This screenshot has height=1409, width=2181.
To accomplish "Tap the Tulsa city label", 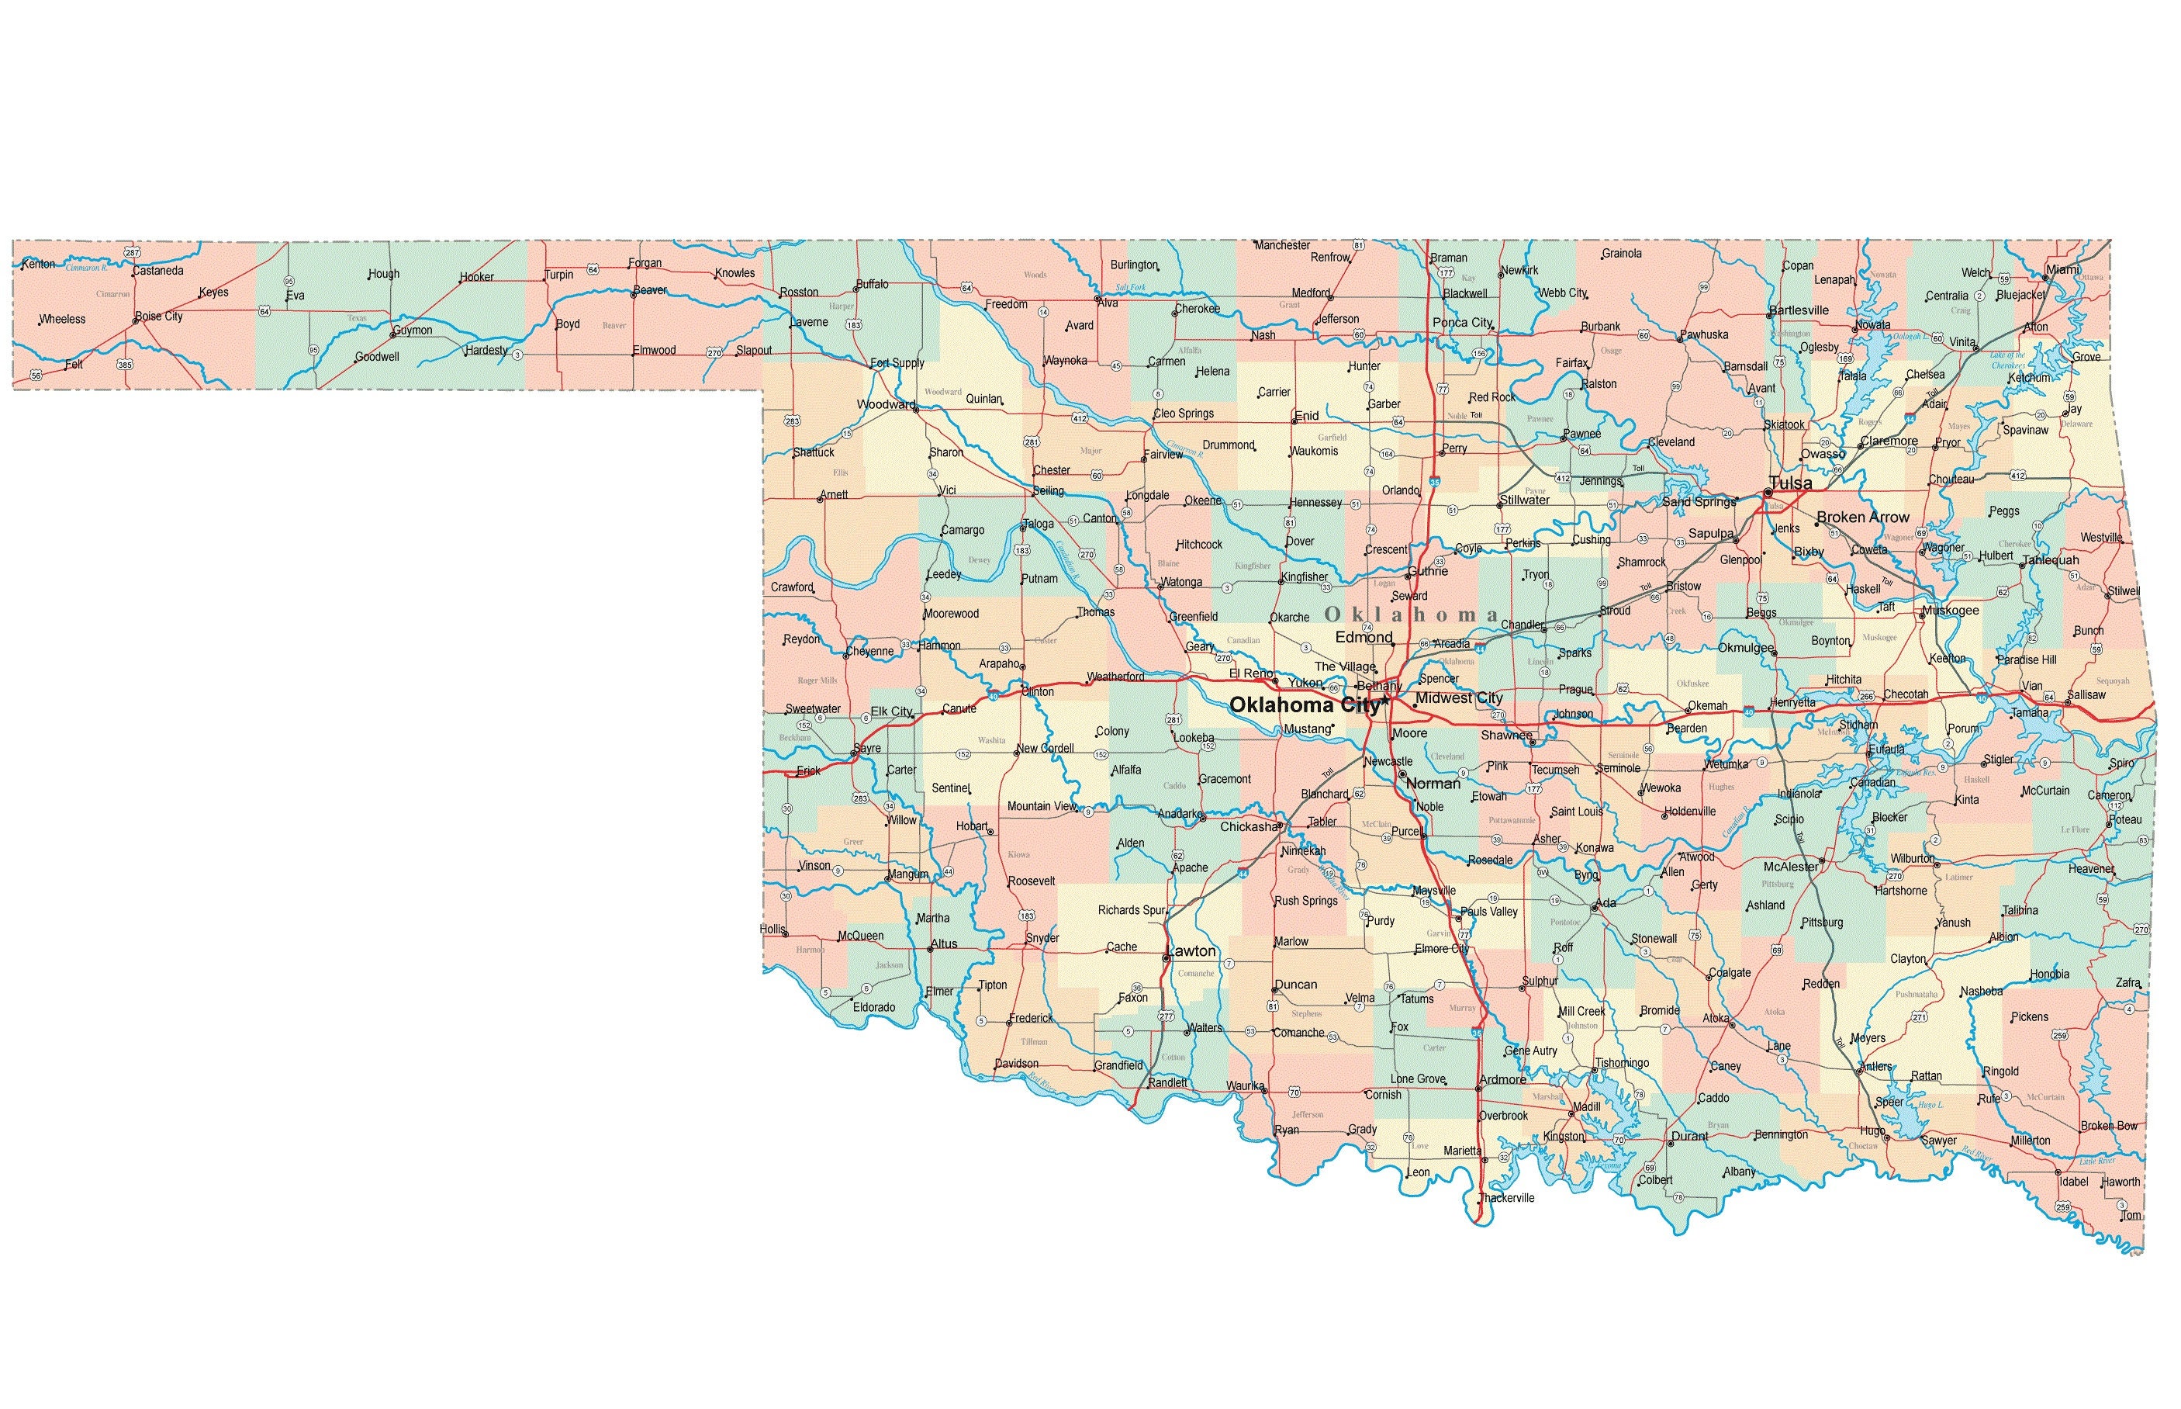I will (1789, 483).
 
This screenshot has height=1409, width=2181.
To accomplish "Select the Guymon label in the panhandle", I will (413, 331).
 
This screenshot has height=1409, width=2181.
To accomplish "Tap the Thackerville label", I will (1506, 1198).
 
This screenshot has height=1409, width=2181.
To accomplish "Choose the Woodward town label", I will (885, 404).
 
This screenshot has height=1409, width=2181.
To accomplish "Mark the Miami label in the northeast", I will (2063, 269).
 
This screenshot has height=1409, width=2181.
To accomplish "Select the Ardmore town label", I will (1502, 1078).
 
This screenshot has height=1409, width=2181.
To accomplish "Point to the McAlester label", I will (1791, 867).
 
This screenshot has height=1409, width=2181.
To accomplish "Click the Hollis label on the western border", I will (773, 929).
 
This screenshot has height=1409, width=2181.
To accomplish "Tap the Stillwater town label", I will (1524, 500).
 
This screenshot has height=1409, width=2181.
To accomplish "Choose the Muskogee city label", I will (1950, 611).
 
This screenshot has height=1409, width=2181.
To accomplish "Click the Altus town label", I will (944, 943).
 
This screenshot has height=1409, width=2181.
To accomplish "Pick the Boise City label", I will (159, 316).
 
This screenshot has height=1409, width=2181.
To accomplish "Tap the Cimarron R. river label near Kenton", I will (87, 268).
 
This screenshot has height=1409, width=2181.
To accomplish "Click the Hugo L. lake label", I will (1930, 1104).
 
